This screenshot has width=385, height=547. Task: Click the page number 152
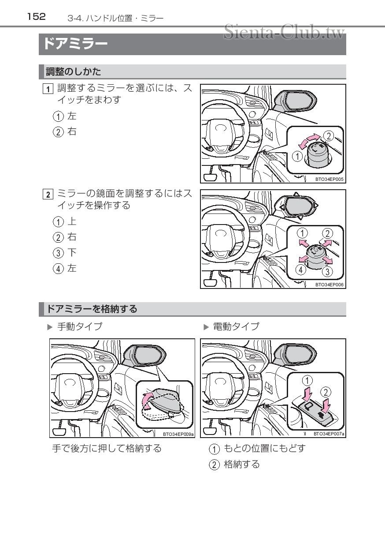tap(36, 17)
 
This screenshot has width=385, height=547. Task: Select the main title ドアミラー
tap(75, 45)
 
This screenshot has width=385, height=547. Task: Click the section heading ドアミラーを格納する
tap(92, 309)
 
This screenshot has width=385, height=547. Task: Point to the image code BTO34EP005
tap(329, 180)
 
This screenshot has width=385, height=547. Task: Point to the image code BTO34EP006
tap(329, 285)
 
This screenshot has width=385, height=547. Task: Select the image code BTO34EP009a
tap(178, 434)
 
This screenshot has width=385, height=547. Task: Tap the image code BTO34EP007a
tap(329, 434)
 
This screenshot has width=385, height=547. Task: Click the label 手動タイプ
tap(80, 327)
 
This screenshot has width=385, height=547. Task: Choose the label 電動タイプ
tap(236, 327)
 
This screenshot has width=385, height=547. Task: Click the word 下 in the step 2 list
tap(72, 252)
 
